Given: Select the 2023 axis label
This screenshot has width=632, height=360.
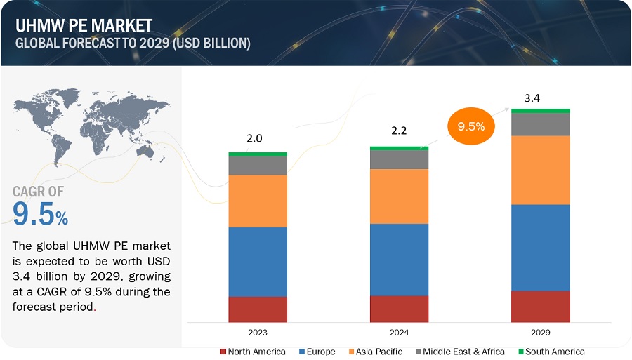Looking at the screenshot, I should [258, 332].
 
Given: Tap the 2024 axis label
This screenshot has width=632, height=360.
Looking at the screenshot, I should [399, 332].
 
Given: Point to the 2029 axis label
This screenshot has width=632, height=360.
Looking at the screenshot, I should [540, 332].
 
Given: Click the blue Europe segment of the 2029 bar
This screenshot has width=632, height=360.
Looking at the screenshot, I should [540, 247].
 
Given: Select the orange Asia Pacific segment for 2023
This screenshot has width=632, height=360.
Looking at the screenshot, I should [258, 201].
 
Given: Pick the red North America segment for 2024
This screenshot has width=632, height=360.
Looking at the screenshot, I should [399, 309].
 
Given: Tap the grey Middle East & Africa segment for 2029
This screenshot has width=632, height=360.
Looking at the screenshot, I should [540, 124].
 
